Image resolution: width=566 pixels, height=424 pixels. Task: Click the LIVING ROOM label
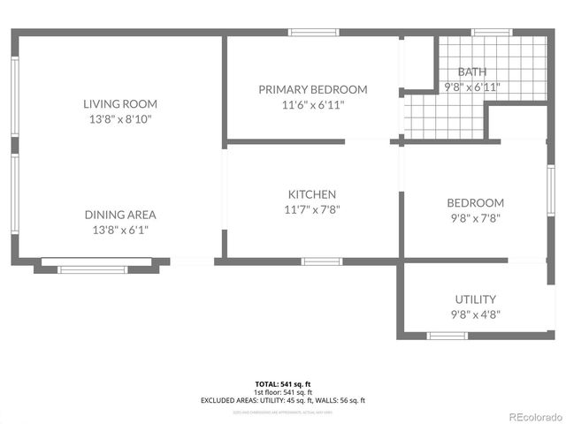click(120, 103)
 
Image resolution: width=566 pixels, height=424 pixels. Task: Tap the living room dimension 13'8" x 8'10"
click(120, 118)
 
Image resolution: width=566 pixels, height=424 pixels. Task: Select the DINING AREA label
click(120, 215)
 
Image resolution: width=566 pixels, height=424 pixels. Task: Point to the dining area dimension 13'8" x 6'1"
click(120, 230)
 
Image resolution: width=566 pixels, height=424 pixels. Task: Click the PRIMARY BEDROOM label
click(312, 89)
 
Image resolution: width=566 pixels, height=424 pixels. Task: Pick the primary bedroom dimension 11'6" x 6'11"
click(312, 104)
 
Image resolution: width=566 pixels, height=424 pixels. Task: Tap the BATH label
click(471, 72)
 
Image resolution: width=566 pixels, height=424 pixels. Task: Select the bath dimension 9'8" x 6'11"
click(471, 87)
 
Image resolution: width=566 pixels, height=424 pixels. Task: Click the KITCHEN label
click(312, 194)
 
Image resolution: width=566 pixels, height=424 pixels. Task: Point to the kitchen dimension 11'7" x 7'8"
click(312, 209)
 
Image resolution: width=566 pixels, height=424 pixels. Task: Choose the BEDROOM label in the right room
click(475, 202)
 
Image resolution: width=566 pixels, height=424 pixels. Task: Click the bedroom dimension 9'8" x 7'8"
click(475, 217)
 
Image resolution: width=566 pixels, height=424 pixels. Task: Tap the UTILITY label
click(475, 299)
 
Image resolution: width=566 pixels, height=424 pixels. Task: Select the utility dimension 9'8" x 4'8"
click(475, 314)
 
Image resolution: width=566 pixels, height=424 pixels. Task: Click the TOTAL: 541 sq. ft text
click(283, 384)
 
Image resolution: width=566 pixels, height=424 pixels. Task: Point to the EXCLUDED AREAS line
click(283, 400)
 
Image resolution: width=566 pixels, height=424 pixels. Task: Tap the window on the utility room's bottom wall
click(447, 336)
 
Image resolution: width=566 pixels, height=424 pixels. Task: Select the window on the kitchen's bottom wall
click(322, 261)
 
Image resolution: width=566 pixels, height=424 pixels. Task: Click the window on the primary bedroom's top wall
click(314, 33)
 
